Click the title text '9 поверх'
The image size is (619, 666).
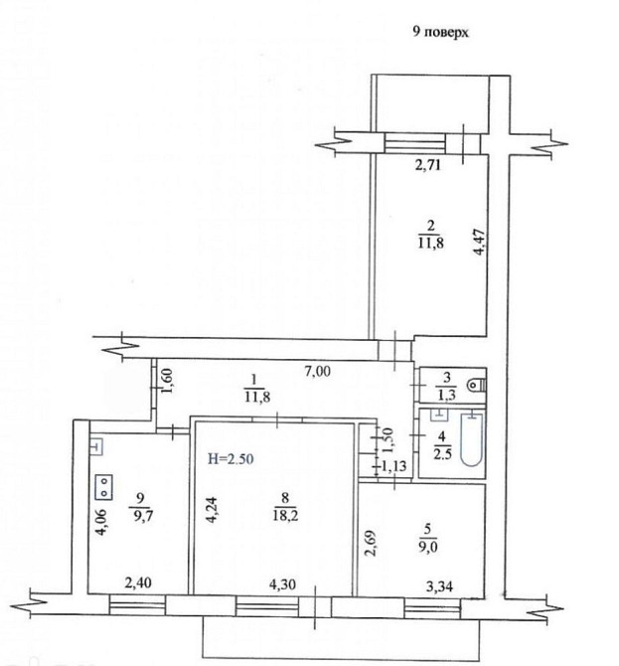click(x=441, y=32)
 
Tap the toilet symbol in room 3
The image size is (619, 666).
click(x=476, y=385)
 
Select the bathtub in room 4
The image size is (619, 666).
click(x=472, y=439)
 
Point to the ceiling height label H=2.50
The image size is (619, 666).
click(x=231, y=458)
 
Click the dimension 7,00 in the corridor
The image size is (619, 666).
click(x=318, y=372)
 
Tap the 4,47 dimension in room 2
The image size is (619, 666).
click(x=479, y=242)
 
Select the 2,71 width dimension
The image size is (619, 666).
click(x=428, y=164)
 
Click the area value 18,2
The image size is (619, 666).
click(x=286, y=516)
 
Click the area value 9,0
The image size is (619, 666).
click(x=427, y=547)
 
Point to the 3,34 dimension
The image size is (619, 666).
click(x=439, y=586)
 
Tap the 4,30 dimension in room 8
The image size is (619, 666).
click(x=282, y=584)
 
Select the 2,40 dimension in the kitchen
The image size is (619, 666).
click(x=138, y=583)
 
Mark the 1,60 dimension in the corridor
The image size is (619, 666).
click(x=168, y=381)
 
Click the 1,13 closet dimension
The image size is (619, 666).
click(x=393, y=466)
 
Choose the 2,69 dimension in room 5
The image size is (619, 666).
click(x=372, y=542)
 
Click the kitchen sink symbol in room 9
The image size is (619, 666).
click(x=96, y=447)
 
